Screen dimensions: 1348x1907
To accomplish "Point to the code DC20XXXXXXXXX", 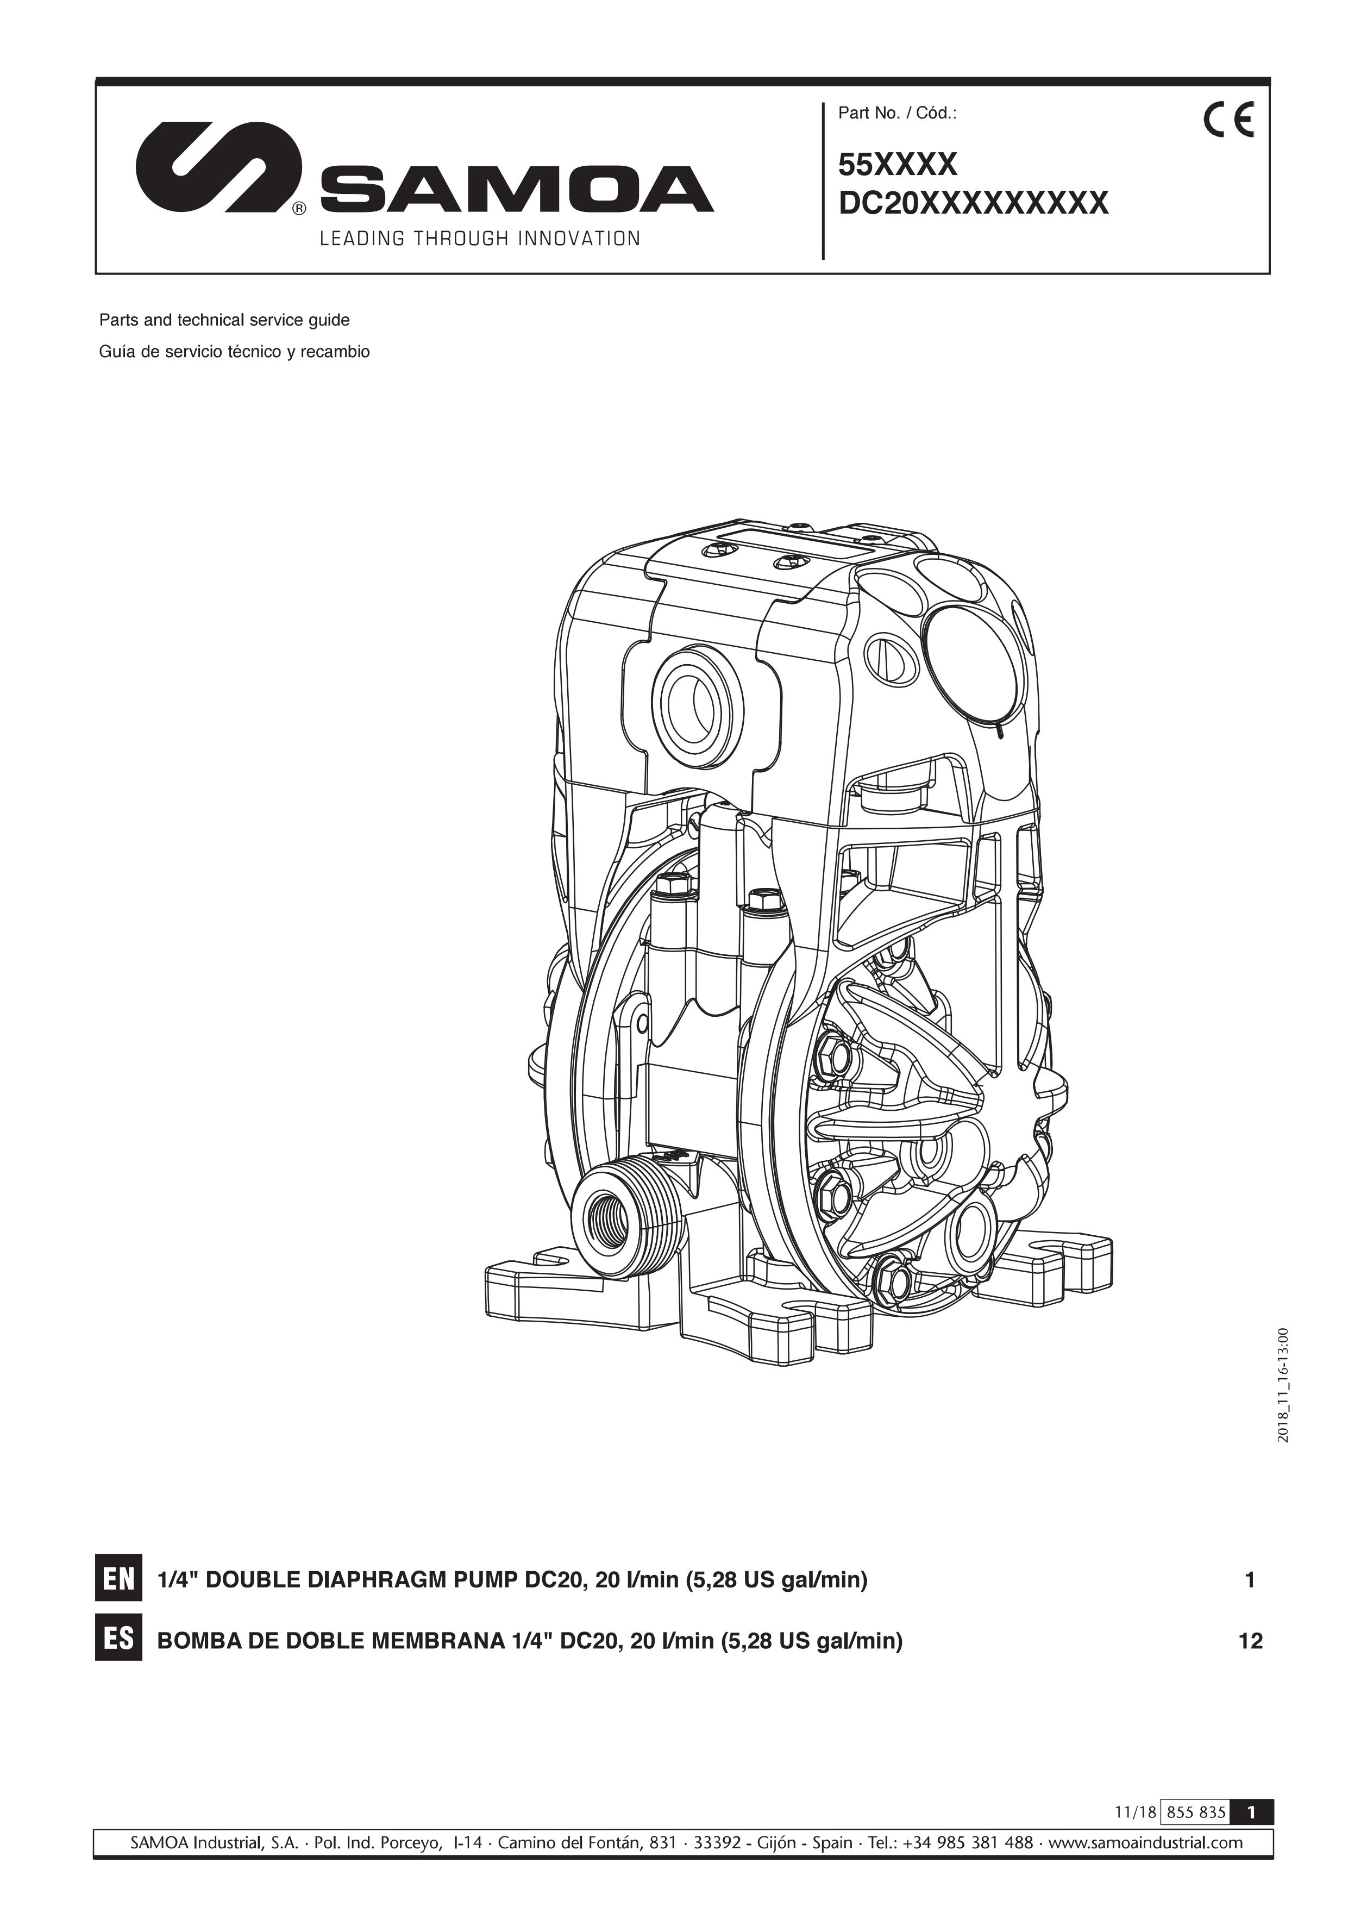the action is [974, 203].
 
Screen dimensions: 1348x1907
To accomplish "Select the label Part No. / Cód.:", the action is [897, 114].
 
